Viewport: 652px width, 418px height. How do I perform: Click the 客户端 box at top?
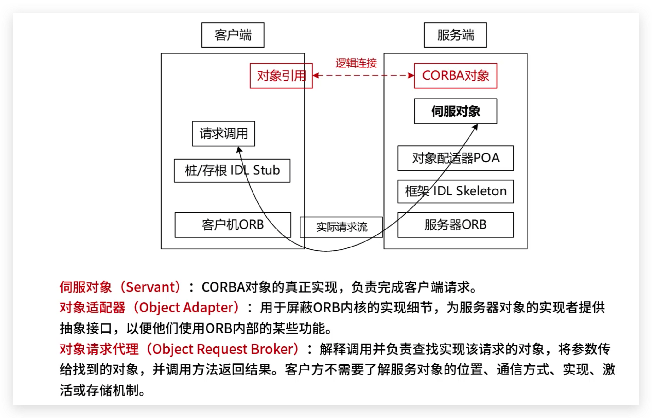pos(233,35)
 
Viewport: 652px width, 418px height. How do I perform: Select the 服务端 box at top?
pos(455,35)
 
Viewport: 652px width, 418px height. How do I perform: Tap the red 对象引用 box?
pos(281,76)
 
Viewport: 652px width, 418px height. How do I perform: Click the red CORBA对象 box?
pos(455,76)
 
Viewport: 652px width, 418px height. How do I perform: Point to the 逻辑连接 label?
pos(356,63)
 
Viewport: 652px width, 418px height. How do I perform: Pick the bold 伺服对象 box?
pos(455,111)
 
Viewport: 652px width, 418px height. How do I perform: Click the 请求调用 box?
pos(223,134)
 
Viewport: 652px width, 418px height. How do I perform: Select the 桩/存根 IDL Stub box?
pos(232,171)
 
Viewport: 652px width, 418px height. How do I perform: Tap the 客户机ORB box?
pos(233,225)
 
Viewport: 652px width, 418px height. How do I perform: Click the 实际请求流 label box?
pos(341,227)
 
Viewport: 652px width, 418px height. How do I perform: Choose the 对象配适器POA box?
pos(455,158)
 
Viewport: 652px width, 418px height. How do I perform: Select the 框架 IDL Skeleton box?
pos(455,191)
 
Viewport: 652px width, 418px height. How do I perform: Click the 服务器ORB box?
pos(455,225)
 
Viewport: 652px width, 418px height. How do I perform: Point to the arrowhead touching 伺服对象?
pos(475,127)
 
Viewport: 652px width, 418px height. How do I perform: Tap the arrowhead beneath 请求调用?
pos(239,149)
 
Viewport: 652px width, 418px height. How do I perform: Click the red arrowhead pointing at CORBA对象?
pos(410,76)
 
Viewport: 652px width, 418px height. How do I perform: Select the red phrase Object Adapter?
pos(189,308)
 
